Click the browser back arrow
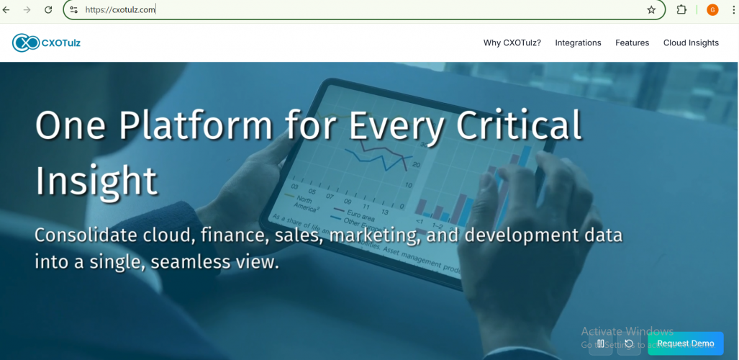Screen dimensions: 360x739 (7, 10)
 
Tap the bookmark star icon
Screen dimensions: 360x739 (651, 10)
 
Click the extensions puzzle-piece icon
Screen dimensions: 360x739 (681, 10)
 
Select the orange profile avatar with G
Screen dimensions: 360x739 (712, 10)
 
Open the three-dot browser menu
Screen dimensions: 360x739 (733, 10)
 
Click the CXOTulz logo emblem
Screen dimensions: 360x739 (26, 43)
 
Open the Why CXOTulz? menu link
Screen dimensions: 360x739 (512, 43)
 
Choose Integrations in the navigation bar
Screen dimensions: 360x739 (578, 43)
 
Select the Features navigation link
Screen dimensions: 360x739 (632, 43)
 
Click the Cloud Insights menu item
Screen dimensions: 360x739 (691, 43)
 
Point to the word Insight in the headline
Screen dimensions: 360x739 (96, 180)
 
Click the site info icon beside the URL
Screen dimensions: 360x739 (73, 10)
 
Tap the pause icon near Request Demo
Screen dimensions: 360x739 (600, 344)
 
